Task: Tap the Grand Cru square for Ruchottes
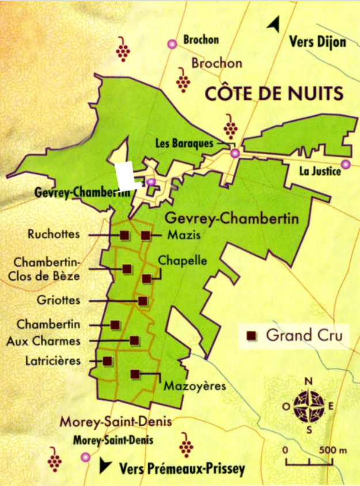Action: [x=124, y=235]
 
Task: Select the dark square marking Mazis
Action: [x=146, y=235]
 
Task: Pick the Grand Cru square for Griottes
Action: [x=143, y=301]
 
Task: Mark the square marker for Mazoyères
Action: [x=135, y=374]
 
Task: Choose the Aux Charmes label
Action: [x=43, y=341]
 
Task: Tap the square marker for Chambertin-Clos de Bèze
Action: [x=127, y=268]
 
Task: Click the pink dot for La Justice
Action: [x=346, y=165]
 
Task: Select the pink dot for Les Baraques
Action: [x=234, y=153]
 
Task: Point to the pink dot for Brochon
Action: [x=171, y=44]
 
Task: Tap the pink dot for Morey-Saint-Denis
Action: [x=86, y=457]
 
